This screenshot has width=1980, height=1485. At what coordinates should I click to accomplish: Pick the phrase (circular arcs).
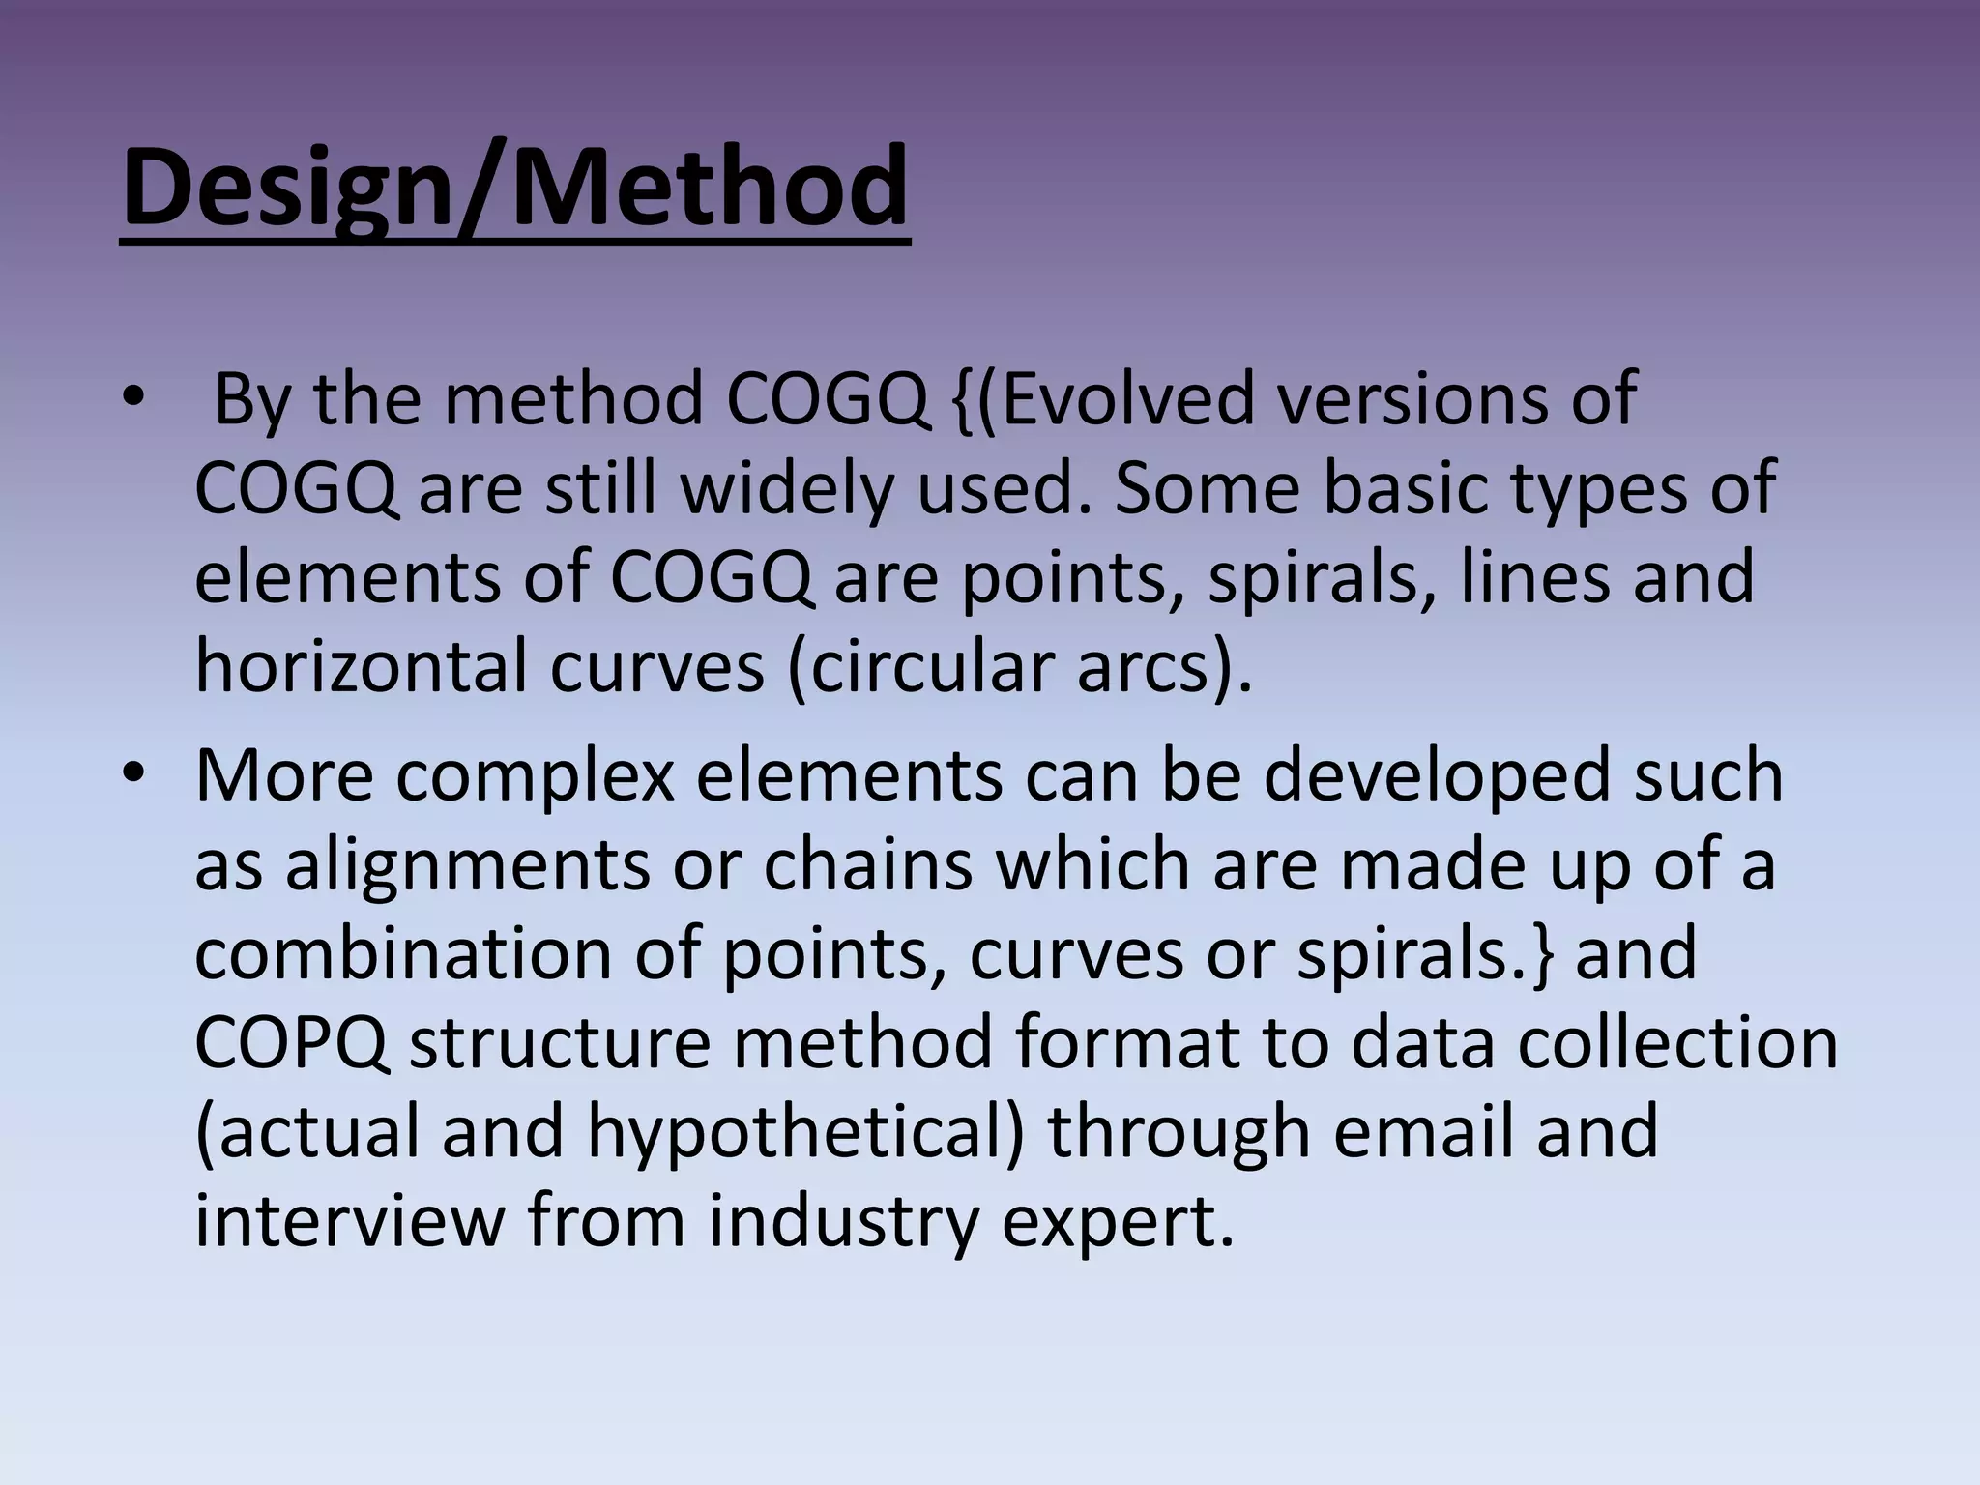coord(1020,666)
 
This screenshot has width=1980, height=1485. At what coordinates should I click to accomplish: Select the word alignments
coord(467,865)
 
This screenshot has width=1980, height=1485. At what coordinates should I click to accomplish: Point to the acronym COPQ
coord(292,1043)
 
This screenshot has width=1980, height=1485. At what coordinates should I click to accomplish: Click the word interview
coord(350,1221)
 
